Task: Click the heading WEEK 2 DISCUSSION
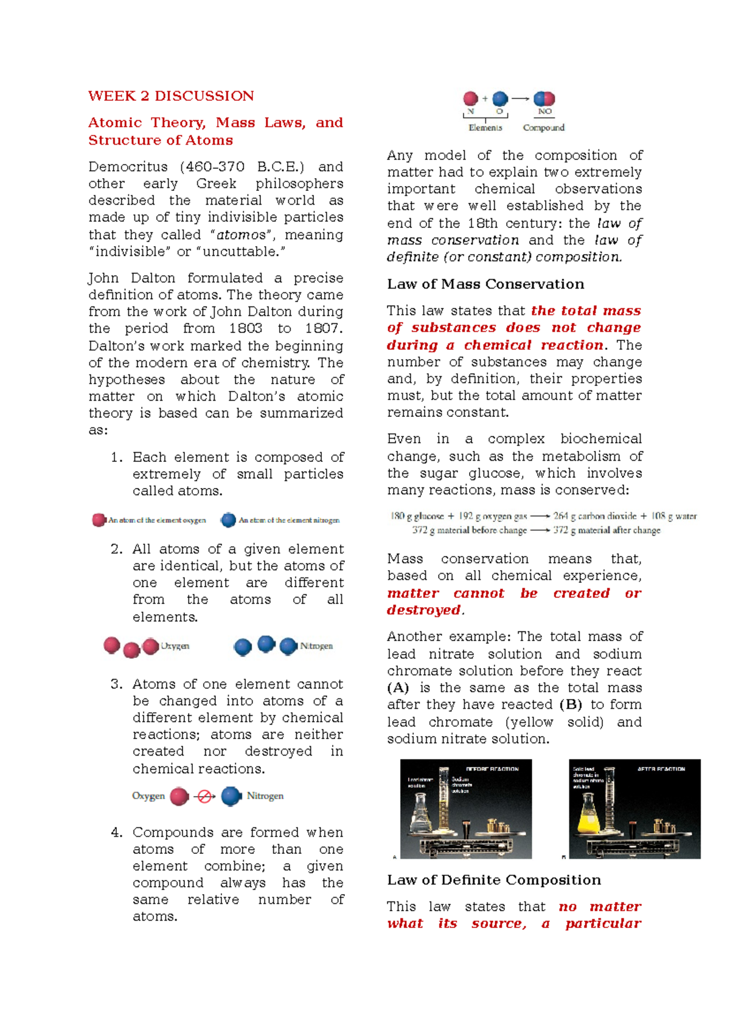(x=171, y=96)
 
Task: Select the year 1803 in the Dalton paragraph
(x=246, y=329)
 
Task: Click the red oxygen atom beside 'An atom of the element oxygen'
(x=99, y=520)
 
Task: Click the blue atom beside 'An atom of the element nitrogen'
(x=228, y=520)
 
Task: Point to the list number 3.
(x=117, y=684)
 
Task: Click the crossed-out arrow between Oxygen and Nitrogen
(x=205, y=796)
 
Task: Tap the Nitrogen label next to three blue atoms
(x=316, y=646)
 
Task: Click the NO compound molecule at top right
(x=544, y=98)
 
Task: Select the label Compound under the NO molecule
(x=543, y=128)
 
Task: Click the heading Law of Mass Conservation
(x=485, y=284)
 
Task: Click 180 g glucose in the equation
(x=417, y=516)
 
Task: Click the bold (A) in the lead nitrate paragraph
(x=398, y=688)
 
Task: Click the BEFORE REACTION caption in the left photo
(x=492, y=769)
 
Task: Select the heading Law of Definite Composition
(x=494, y=880)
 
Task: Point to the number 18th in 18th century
(x=484, y=223)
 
